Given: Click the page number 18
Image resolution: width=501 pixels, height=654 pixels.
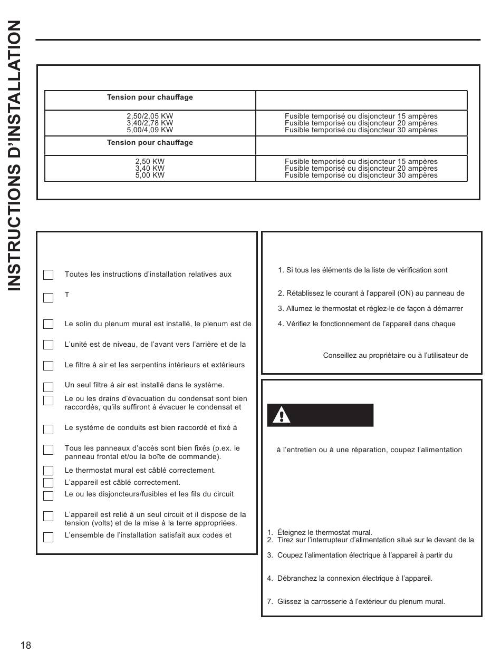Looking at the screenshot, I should click(26, 646).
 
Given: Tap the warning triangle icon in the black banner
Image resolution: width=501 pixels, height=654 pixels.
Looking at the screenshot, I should click(282, 416).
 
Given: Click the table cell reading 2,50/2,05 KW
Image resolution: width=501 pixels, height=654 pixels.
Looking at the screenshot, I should click(150, 116).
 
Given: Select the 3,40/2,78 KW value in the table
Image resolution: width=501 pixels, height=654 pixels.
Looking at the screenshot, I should click(150, 123).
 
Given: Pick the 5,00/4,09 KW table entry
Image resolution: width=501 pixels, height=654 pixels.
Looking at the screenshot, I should click(150, 130).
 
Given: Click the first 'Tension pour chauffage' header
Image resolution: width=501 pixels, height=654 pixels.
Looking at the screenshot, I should click(150, 97).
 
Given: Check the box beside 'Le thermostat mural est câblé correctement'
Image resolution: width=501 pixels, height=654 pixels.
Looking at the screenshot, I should click(49, 471).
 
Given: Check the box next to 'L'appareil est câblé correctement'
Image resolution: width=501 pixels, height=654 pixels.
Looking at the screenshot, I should click(49, 483).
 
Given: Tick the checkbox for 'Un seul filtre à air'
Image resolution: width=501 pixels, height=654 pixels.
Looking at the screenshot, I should click(49, 387).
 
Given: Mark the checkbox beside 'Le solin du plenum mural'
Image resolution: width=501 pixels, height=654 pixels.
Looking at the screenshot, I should click(49, 324).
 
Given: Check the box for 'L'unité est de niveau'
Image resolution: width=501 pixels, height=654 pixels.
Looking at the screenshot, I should click(49, 345).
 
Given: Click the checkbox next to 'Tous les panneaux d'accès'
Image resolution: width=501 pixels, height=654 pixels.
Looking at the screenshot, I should click(49, 450).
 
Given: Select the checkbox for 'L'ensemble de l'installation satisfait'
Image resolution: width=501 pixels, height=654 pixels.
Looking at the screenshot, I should click(49, 538).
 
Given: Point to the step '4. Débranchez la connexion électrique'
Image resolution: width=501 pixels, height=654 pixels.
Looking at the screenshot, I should click(350, 579).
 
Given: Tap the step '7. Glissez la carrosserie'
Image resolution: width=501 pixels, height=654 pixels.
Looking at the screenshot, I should click(356, 602).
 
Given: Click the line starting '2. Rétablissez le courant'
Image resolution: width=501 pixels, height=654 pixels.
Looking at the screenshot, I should click(371, 294).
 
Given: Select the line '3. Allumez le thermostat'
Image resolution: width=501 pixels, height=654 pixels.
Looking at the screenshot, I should click(370, 309).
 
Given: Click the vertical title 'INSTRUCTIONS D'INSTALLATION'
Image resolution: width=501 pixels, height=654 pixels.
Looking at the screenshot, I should click(14, 155).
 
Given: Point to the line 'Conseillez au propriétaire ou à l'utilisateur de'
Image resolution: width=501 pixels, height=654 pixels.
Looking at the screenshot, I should click(396, 355).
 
